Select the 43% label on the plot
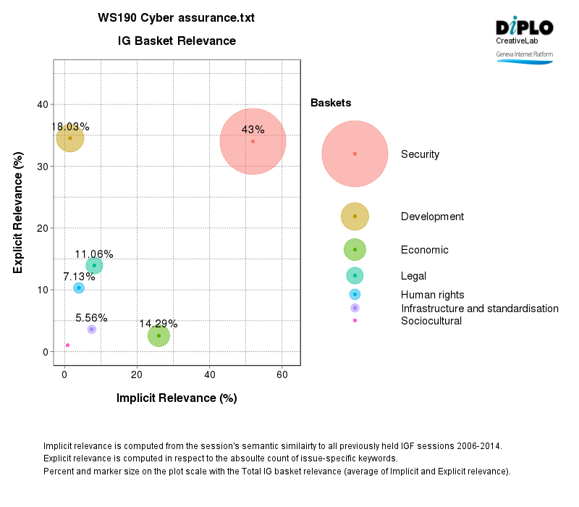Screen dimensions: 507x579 pos(253,130)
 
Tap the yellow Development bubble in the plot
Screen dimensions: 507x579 pos(70,138)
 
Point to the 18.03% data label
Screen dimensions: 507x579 pos(70,127)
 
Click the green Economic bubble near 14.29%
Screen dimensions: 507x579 pos(159,335)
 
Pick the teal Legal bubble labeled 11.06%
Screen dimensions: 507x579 pos(94,266)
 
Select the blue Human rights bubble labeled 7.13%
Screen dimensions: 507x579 pos(79,288)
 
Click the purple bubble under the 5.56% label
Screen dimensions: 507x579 pos(91,329)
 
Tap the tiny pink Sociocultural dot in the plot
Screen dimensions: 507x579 pos(67,345)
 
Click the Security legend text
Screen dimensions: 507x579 pos(420,154)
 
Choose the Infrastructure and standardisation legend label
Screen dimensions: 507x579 pos(479,309)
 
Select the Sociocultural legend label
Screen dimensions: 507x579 pos(431,321)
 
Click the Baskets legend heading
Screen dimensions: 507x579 pos(331,103)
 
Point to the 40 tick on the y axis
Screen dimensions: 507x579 pos(43,104)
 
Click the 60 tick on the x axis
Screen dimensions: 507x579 pos(282,374)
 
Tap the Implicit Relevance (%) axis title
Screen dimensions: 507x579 pos(177,398)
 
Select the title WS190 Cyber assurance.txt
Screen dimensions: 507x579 pos(177,17)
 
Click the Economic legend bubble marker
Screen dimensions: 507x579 pos(355,249)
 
